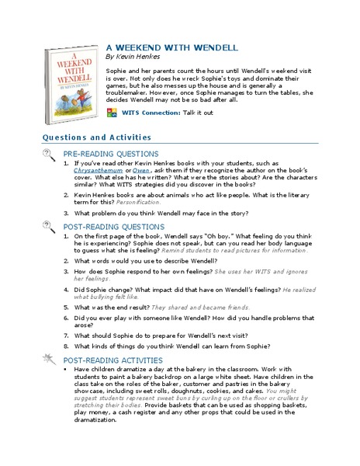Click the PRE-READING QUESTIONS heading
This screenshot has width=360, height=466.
(x=111, y=154)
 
